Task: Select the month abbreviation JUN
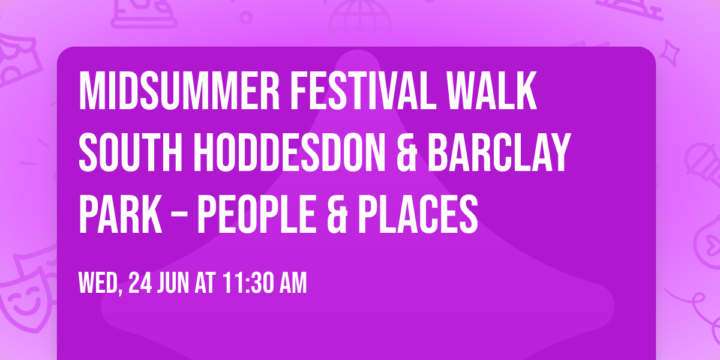coord(175,283)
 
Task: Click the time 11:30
coord(246,283)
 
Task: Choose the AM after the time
coord(291,283)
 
